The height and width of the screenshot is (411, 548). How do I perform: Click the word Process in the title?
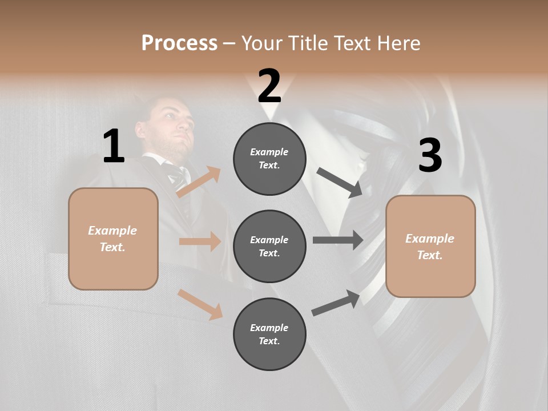click(x=179, y=43)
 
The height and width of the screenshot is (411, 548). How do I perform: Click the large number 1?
click(x=114, y=146)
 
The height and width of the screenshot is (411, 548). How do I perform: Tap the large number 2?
click(x=269, y=86)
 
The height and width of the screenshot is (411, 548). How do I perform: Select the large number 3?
click(x=430, y=156)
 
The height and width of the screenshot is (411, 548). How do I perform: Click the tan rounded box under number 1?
click(x=113, y=239)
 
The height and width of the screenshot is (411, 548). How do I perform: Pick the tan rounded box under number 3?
click(x=430, y=246)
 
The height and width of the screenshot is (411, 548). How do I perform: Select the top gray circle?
click(x=269, y=159)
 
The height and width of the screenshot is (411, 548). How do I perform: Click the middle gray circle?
click(x=269, y=246)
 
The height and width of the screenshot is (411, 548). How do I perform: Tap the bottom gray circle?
click(x=269, y=334)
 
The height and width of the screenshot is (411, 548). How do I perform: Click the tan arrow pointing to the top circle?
click(x=199, y=182)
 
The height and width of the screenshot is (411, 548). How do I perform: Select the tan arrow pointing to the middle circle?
click(x=200, y=241)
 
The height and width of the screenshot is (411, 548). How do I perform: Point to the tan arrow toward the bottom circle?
click(x=200, y=304)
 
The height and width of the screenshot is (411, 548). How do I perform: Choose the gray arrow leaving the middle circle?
click(x=338, y=240)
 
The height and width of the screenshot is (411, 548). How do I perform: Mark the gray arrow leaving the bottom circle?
click(x=336, y=303)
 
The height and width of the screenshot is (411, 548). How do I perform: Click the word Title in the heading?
click(x=307, y=43)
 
